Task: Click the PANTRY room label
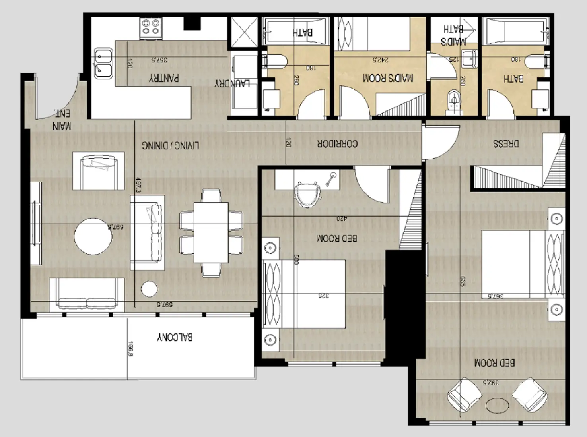pos(164,78)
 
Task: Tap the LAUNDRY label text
pos(232,83)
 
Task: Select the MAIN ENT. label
pos(62,120)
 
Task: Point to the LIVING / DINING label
pos(170,145)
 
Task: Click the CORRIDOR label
pos(337,143)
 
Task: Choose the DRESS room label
pos(506,143)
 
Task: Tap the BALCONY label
pos(175,337)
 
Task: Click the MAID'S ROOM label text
pos(388,78)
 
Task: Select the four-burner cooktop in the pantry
pos(151,27)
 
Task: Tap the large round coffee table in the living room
pos(93,236)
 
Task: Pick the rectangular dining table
pos(211,233)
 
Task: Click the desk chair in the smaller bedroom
pos(307,194)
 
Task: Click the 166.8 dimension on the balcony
pos(130,350)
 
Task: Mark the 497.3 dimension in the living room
pos(138,185)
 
